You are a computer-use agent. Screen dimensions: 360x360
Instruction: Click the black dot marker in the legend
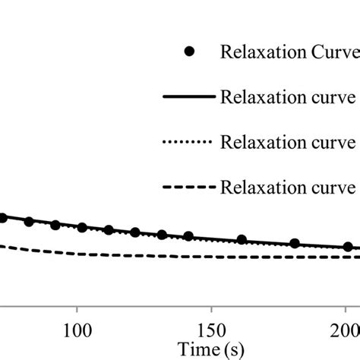189,51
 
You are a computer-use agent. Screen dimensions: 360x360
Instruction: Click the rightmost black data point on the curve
348,247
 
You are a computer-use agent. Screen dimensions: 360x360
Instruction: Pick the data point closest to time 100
82,228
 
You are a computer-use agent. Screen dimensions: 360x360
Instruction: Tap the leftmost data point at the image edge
2,218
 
